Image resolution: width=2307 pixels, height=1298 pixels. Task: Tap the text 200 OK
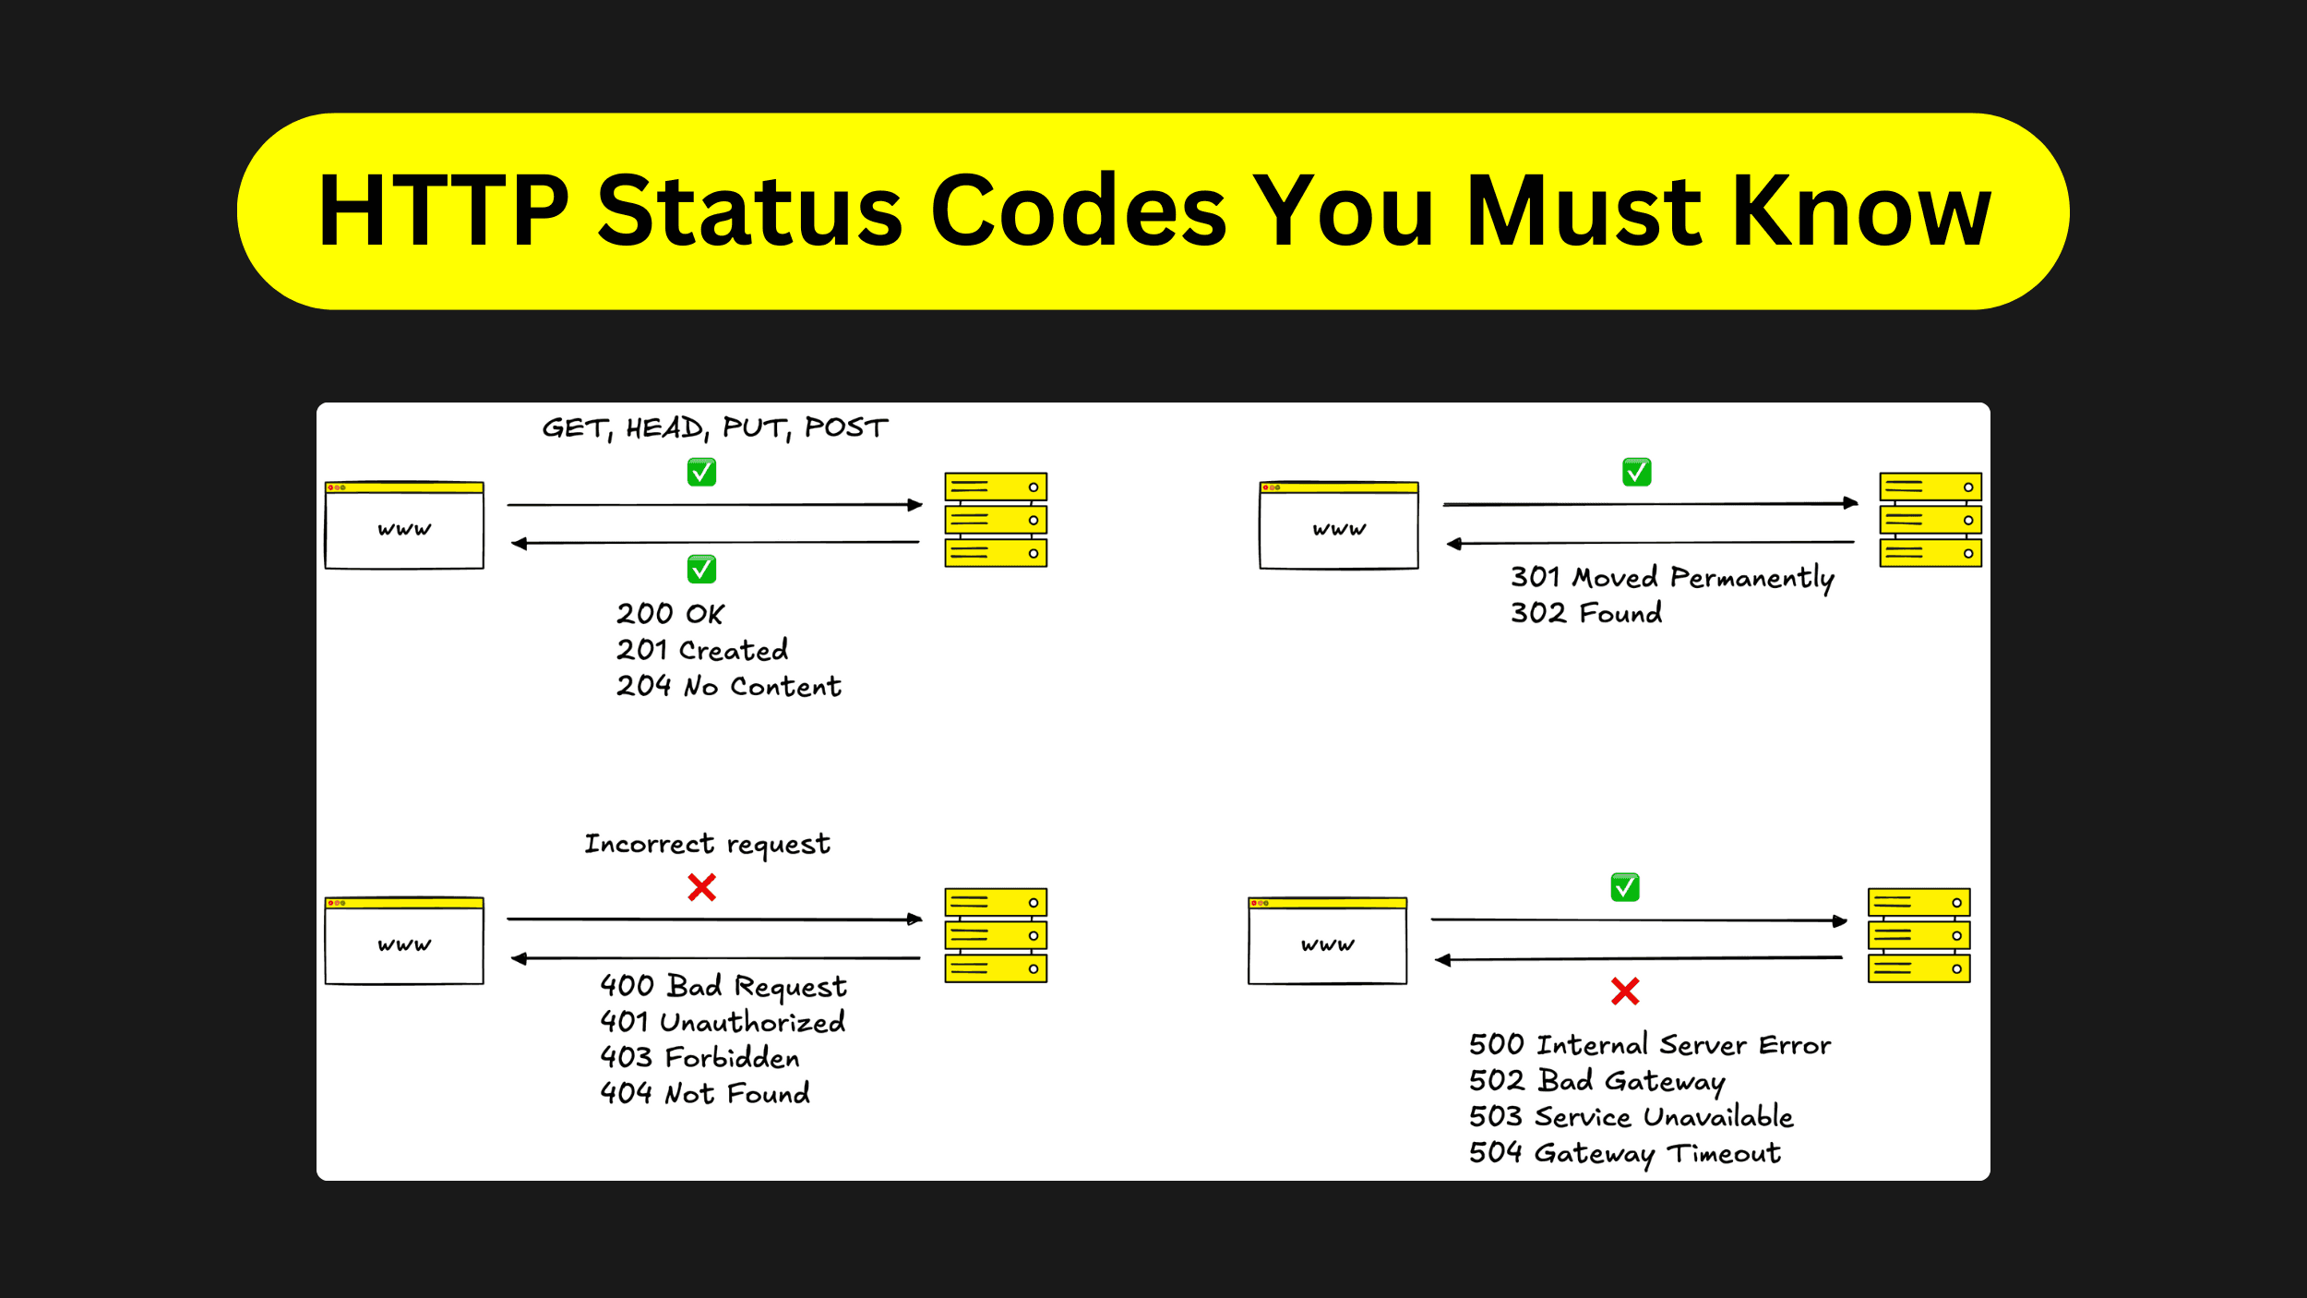click(x=670, y=614)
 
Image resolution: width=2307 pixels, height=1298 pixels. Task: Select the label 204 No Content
click(x=728, y=686)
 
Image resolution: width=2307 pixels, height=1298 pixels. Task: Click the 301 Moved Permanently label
click(x=1671, y=578)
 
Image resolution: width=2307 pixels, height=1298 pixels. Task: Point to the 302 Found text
click(x=1585, y=613)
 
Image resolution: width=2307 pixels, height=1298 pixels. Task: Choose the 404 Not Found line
click(x=704, y=1093)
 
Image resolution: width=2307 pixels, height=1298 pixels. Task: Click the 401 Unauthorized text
click(x=722, y=1021)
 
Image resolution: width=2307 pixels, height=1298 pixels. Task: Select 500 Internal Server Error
click(x=1649, y=1044)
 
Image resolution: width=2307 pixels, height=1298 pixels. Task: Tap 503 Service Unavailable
click(x=1631, y=1116)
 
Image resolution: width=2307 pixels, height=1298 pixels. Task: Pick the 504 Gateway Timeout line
click(x=1624, y=1152)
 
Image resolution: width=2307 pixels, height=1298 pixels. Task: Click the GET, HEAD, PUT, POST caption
click(x=714, y=427)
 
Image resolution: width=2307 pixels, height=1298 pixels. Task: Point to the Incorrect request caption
click(x=707, y=844)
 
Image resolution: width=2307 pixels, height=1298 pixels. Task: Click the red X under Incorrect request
click(x=701, y=888)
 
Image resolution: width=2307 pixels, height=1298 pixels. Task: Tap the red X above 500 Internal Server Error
click(x=1625, y=992)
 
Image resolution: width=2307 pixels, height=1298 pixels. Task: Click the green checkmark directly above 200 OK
click(x=701, y=570)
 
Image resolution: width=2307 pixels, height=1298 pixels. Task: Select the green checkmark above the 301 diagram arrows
click(x=1636, y=473)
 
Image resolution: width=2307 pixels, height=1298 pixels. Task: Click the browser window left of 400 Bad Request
click(x=404, y=940)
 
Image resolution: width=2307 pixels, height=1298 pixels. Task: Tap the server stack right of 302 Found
click(x=1930, y=520)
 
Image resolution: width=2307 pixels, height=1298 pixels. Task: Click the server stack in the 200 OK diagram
click(x=996, y=520)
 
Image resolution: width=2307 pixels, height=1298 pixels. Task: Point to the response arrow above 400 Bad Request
click(x=715, y=958)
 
